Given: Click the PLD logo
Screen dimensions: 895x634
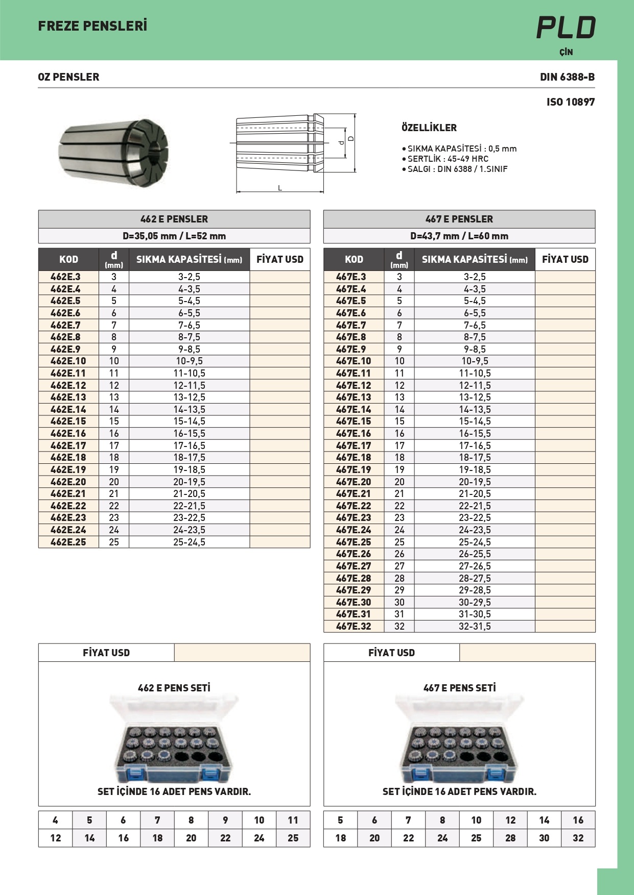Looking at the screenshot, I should coord(566,28).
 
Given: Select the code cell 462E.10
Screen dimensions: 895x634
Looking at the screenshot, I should coord(68,361).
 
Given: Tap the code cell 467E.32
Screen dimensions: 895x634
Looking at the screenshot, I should coord(354,626).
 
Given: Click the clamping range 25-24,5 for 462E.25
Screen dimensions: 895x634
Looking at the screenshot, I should coord(189,542).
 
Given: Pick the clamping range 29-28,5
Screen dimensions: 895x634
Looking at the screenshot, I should coord(475,590).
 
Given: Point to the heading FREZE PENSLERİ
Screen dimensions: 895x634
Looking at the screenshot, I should coord(92,26).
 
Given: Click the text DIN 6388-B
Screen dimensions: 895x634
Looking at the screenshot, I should coord(567,77).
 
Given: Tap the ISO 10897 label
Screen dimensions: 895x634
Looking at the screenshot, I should coord(570,102).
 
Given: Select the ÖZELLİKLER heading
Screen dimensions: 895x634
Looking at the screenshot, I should coord(429,128).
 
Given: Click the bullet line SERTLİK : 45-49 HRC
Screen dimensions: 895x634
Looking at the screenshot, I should coord(448,159).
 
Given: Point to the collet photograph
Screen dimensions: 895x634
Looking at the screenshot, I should coord(113,152).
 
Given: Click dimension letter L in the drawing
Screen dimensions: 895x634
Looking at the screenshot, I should coord(280,188).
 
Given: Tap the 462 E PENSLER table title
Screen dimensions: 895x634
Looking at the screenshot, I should coord(174,219).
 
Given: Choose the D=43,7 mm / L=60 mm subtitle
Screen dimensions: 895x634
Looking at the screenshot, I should coord(459,236).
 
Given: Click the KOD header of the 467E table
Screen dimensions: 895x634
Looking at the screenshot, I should coord(354,259).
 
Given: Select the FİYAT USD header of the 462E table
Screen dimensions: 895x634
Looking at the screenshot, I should coord(279,259).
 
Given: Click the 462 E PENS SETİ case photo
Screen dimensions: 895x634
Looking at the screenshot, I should coord(174,740).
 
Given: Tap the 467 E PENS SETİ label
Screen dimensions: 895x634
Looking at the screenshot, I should coord(459,688).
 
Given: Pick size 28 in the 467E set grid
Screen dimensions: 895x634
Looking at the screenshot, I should coord(510,838).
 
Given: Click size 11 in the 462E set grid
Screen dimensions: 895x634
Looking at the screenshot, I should coord(293,820).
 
